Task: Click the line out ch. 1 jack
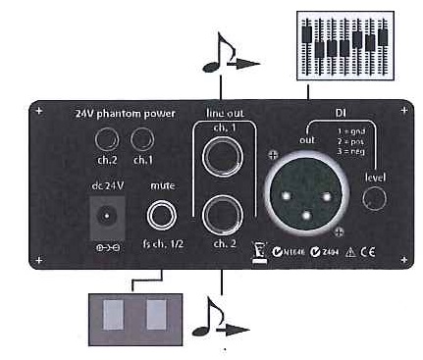click(225, 155)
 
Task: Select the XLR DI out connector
click(300, 188)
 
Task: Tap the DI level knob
click(374, 198)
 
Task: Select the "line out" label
click(225, 111)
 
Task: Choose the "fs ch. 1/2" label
click(162, 242)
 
